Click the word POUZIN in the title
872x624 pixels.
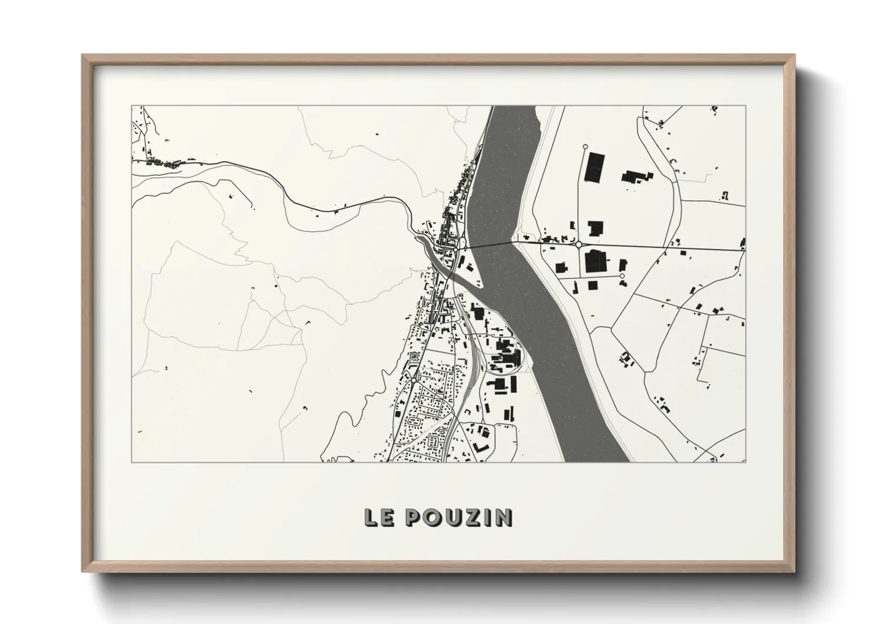pos(460,518)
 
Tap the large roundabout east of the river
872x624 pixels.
pos(579,244)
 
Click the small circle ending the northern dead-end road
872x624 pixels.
pos(585,146)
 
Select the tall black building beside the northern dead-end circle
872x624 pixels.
pos(596,166)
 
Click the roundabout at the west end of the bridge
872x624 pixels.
pos(463,242)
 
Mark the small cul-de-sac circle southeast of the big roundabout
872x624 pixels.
pos(622,276)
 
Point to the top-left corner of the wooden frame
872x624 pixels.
pos(83,55)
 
